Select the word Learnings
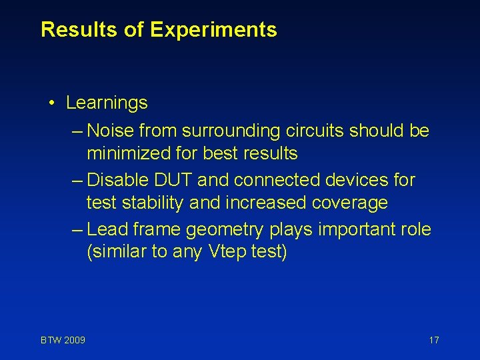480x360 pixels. [107, 103]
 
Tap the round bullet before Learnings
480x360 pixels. [51, 103]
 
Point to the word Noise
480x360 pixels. [107, 131]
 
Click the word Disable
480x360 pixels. [113, 180]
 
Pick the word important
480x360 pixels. [350, 230]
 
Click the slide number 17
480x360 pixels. [434, 341]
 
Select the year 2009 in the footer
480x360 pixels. [74, 341]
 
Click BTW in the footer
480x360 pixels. [51, 341]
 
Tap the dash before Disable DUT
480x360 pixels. [77, 180]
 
